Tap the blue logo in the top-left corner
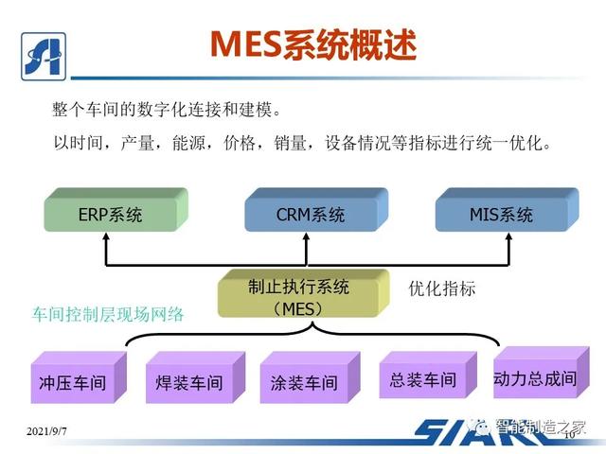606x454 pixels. pyautogui.click(x=42, y=47)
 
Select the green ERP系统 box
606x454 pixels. pyautogui.click(x=111, y=214)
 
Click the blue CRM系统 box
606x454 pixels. pyautogui.click(x=312, y=214)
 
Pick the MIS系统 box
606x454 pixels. pyautogui.click(x=501, y=214)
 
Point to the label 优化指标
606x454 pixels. pyautogui.click(x=442, y=288)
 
